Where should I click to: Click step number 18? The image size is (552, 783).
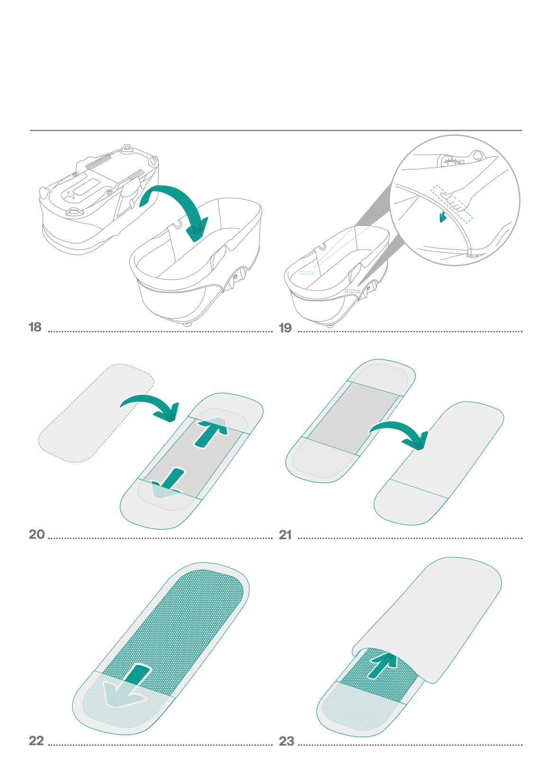pos(36,327)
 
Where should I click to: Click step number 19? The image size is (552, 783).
pos(285,328)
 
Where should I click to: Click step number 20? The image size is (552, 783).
pos(36,534)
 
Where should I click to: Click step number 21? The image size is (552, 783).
pos(285,535)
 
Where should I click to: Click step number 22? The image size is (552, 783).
pos(36,741)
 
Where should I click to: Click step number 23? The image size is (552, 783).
pos(286,741)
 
